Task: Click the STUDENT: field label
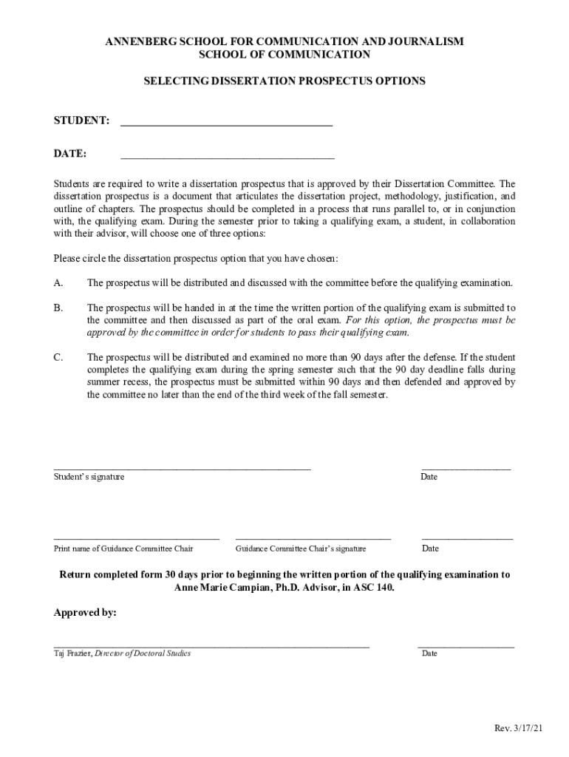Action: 82,120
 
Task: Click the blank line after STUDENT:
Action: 226,126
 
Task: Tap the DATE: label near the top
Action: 70,154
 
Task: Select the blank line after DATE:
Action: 227,159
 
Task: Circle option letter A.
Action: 58,283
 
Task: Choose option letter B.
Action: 58,308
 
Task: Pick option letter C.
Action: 58,357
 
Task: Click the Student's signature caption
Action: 89,477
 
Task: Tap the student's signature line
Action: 182,469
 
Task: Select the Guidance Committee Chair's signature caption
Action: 301,549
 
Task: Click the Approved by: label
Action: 85,613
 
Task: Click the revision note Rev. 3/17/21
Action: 519,729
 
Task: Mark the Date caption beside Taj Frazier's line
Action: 429,654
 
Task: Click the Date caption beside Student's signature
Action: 429,477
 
